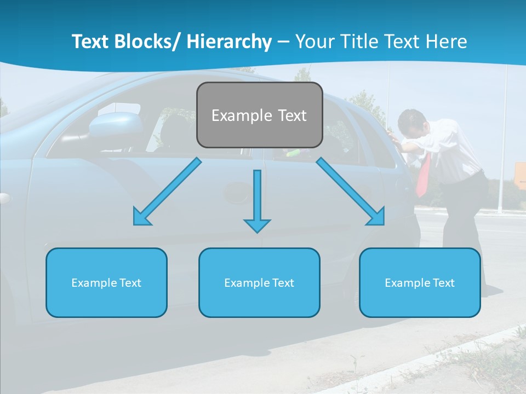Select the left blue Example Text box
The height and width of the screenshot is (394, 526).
(x=106, y=282)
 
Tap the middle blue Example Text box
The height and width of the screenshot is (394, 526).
(x=259, y=282)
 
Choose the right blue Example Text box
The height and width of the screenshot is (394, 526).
(x=420, y=282)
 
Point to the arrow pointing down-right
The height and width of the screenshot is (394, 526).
(x=351, y=192)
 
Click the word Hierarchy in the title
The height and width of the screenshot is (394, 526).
(x=229, y=42)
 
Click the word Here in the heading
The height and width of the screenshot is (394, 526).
(x=446, y=42)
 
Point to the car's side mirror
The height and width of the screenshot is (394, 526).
(x=115, y=125)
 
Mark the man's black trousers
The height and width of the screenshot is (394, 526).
(x=463, y=219)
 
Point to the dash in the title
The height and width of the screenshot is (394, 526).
(x=283, y=42)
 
